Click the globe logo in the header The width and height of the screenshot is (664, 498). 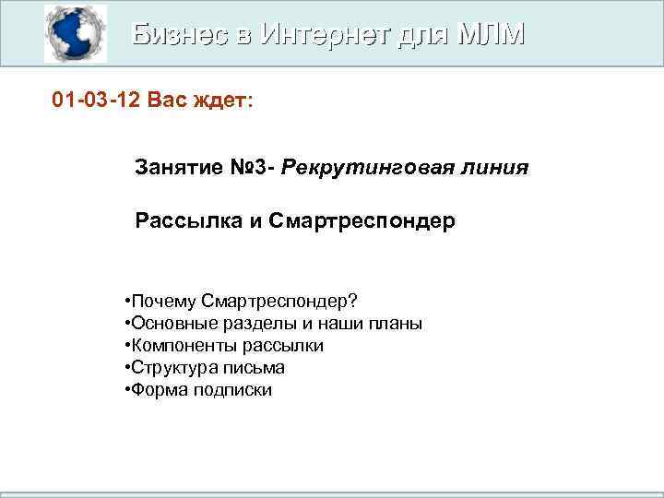point(76,33)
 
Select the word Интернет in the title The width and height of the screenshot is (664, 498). point(328,34)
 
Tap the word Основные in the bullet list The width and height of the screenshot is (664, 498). point(170,324)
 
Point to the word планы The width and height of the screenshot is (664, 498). point(397,324)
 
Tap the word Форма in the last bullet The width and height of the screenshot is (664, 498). point(156,390)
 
